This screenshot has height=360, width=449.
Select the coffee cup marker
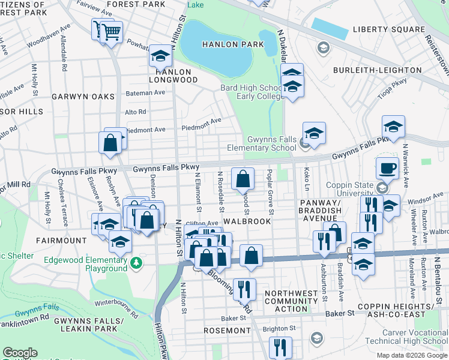pos(387,169)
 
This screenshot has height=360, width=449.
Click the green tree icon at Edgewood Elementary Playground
pos(137,263)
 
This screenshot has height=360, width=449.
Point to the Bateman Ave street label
pos(145,93)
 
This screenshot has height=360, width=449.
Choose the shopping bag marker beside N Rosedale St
pos(243,179)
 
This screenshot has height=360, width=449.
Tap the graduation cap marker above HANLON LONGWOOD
pos(160,56)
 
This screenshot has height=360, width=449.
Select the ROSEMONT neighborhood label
pos(226,331)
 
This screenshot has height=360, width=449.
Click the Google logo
pos(20,353)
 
